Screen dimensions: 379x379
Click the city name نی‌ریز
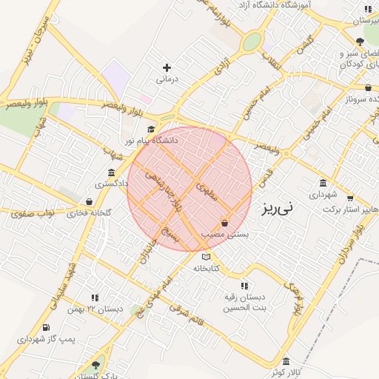point(277,209)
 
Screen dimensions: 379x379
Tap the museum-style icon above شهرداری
point(323,184)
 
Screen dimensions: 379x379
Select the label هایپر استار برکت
point(350,210)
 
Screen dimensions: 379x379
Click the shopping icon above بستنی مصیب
point(225,223)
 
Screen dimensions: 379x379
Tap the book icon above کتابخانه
point(205,256)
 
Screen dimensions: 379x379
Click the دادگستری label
point(113,182)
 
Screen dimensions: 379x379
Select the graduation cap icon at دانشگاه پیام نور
point(141,130)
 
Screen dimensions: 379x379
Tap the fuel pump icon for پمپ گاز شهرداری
point(47,327)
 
